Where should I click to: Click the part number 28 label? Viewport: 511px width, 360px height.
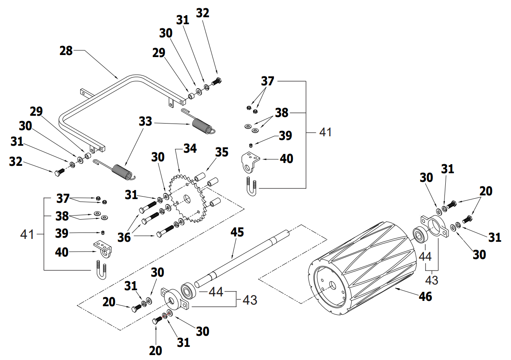coord(66,51)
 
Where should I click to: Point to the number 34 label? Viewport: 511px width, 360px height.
coord(190,148)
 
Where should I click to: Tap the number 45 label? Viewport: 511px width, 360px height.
coord(237,232)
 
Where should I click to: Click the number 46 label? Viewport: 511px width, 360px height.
coord(425,296)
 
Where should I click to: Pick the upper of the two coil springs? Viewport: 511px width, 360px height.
coord(201,124)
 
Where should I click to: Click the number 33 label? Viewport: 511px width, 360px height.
coord(145,122)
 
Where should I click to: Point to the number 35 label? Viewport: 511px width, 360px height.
coord(222,152)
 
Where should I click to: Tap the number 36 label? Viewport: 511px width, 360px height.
coord(124,237)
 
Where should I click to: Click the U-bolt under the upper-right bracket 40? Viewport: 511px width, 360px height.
coord(252,187)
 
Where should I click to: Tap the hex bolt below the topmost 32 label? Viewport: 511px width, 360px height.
coord(216,81)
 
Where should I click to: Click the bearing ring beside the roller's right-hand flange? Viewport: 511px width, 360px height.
coord(420,235)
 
